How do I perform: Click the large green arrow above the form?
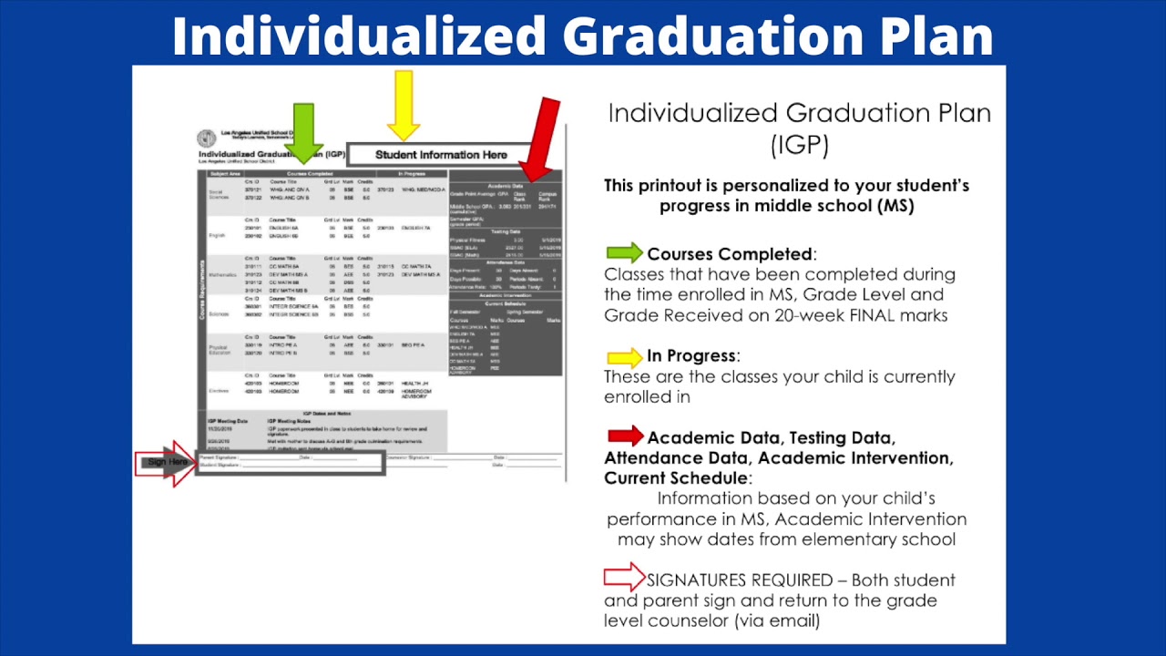tap(303, 132)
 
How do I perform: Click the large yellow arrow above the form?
tap(403, 103)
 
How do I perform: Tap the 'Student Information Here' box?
tap(441, 155)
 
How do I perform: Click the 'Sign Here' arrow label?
tap(166, 463)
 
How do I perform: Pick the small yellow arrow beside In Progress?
tap(624, 357)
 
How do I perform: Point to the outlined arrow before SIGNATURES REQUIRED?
tap(624, 578)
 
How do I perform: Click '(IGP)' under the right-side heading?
tap(799, 145)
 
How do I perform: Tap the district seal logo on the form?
tap(207, 138)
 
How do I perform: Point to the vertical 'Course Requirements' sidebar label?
tap(202, 290)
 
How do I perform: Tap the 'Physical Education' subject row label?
tap(220, 349)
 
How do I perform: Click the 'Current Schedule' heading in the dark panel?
tap(505, 302)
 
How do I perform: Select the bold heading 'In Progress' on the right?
tap(691, 356)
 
